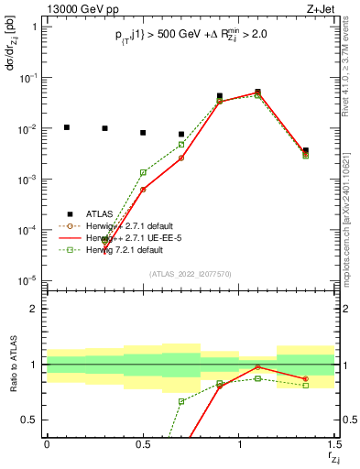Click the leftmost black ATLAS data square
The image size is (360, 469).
66,127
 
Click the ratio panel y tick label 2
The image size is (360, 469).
34,309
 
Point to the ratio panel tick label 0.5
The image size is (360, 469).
31,420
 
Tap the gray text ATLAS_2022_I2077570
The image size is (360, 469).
191,273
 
